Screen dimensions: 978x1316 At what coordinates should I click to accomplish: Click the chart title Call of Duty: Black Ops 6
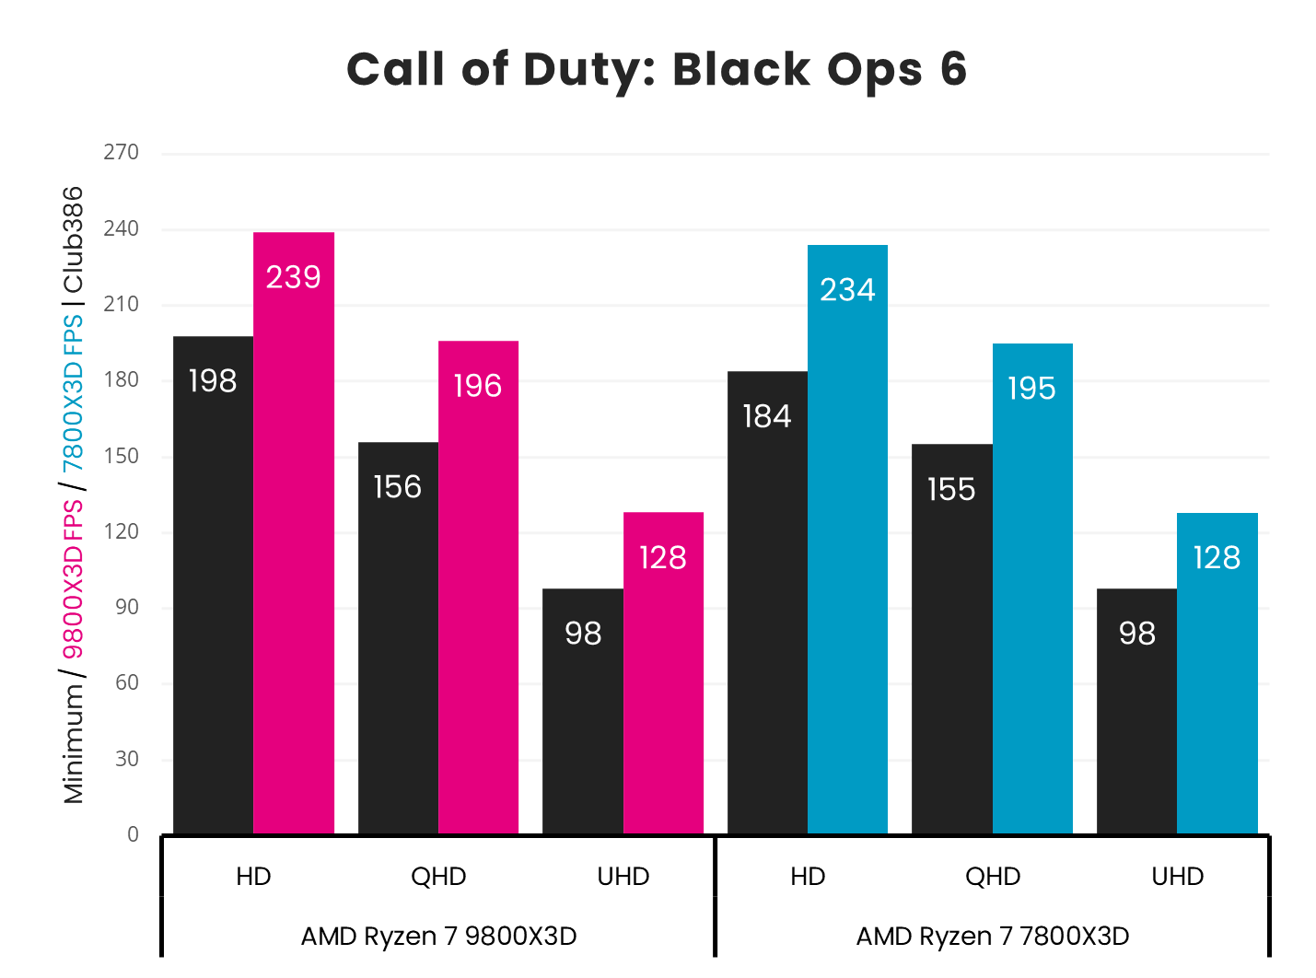pos(657,70)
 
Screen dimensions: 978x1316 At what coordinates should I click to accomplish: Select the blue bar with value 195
pos(1032,588)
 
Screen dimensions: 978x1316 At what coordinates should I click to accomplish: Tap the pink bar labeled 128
pos(663,672)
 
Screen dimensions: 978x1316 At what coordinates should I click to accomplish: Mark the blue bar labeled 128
pos(1217,673)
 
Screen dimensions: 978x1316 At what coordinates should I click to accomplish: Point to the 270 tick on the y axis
pos(122,153)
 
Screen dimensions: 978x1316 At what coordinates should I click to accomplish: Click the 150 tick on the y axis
pos(122,456)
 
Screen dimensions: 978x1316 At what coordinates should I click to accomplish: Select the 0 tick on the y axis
pos(133,834)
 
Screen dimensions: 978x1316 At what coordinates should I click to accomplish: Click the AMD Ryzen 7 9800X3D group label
pos(438,937)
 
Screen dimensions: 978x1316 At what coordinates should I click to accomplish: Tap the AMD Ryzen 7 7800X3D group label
pos(993,937)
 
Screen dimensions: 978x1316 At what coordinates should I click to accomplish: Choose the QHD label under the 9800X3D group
pos(438,877)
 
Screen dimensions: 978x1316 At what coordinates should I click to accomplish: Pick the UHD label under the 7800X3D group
pos(1178,877)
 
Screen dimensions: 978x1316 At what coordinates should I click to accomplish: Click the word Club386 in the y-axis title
pos(73,239)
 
